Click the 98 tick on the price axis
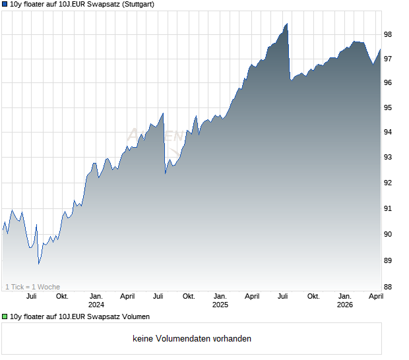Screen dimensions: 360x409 click(x=388, y=34)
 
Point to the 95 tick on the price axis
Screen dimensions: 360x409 click(x=388, y=107)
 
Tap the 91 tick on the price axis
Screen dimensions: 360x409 click(x=388, y=208)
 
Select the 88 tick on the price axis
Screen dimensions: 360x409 click(x=388, y=287)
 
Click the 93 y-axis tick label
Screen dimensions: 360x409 click(x=388, y=157)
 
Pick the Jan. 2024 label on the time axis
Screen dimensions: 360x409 click(x=96, y=300)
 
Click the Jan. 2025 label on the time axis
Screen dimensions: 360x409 click(x=220, y=300)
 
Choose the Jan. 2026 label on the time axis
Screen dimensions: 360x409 click(x=345, y=300)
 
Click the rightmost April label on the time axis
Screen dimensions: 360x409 click(x=376, y=296)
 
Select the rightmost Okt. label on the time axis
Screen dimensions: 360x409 click(x=313, y=296)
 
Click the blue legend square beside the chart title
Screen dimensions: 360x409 click(x=5, y=4)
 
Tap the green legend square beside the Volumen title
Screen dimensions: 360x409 click(x=5, y=316)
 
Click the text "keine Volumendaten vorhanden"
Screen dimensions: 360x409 click(x=192, y=339)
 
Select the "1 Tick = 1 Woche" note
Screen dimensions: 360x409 click(x=32, y=287)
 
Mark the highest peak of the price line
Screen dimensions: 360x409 click(x=287, y=24)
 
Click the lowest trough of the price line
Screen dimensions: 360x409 click(x=39, y=264)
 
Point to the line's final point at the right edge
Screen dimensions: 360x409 click(x=381, y=49)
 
